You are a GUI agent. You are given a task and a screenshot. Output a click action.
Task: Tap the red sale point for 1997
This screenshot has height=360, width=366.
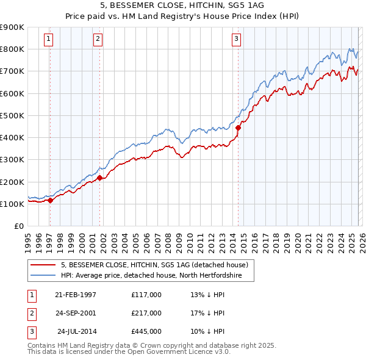pyautogui.click(x=51, y=200)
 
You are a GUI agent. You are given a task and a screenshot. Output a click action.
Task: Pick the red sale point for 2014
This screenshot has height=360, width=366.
pyautogui.click(x=239, y=128)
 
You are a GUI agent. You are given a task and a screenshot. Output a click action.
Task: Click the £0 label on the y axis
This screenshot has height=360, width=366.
pyautogui.click(x=18, y=226)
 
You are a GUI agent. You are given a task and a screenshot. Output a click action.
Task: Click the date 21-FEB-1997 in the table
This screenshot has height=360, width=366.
pyautogui.click(x=76, y=295)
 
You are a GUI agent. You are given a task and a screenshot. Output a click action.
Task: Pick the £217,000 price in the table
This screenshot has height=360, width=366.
pyautogui.click(x=146, y=313)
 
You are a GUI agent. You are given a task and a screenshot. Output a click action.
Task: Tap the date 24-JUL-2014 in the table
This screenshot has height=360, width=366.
pyautogui.click(x=77, y=331)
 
